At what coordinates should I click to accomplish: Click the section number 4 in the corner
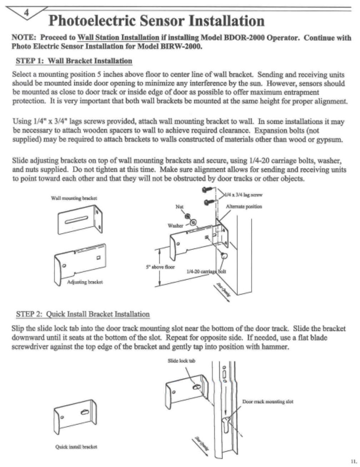26,12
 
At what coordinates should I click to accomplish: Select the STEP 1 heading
74,61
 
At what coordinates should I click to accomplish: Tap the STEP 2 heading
83,314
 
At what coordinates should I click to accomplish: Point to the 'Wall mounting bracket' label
74,198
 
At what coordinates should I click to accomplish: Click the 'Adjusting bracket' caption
85,282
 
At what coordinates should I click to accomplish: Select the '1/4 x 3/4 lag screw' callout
243,195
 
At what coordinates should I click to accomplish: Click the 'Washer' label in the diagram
175,226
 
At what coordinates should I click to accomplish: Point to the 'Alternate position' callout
244,206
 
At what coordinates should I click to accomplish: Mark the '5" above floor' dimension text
160,267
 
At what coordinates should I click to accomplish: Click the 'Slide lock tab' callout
181,361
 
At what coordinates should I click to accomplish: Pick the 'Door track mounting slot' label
268,402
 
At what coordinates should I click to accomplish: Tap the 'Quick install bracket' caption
76,447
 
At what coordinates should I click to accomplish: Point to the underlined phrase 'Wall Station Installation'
118,37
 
